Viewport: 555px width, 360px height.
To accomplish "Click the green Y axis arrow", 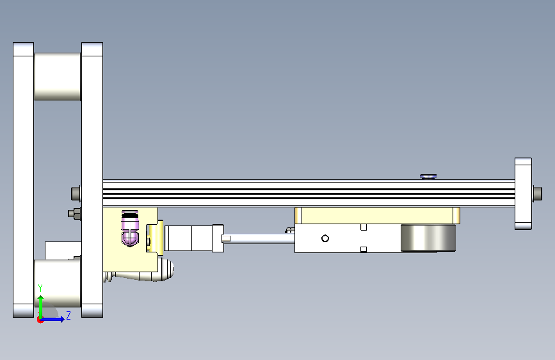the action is pos(41,307).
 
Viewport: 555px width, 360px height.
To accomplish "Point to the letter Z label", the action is pos(68,315).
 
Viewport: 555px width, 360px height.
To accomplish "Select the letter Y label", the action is pos(40,288).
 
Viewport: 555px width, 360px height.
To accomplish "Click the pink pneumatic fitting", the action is pos(130,228).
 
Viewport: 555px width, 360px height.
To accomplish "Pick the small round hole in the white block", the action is pos(325,238).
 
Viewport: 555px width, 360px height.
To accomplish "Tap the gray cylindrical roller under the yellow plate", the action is pos(428,238).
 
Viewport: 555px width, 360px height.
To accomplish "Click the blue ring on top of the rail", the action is pos(428,176).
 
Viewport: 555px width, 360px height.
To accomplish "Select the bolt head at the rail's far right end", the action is pos(537,193).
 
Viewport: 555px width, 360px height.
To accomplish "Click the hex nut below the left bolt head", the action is pos(74,213).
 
